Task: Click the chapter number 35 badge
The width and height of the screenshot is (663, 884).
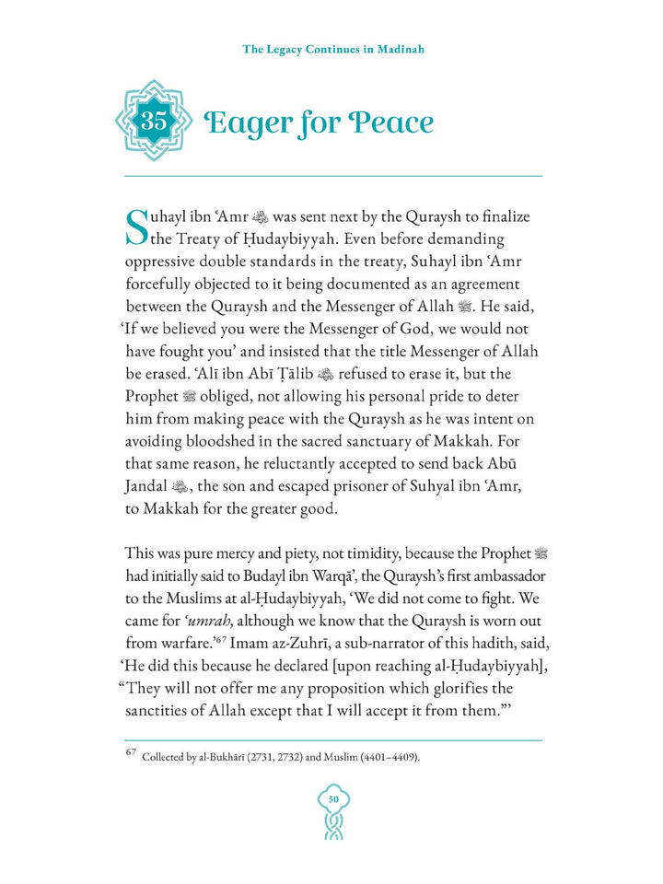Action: (x=152, y=121)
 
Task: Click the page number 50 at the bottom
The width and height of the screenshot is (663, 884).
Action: (x=333, y=798)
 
